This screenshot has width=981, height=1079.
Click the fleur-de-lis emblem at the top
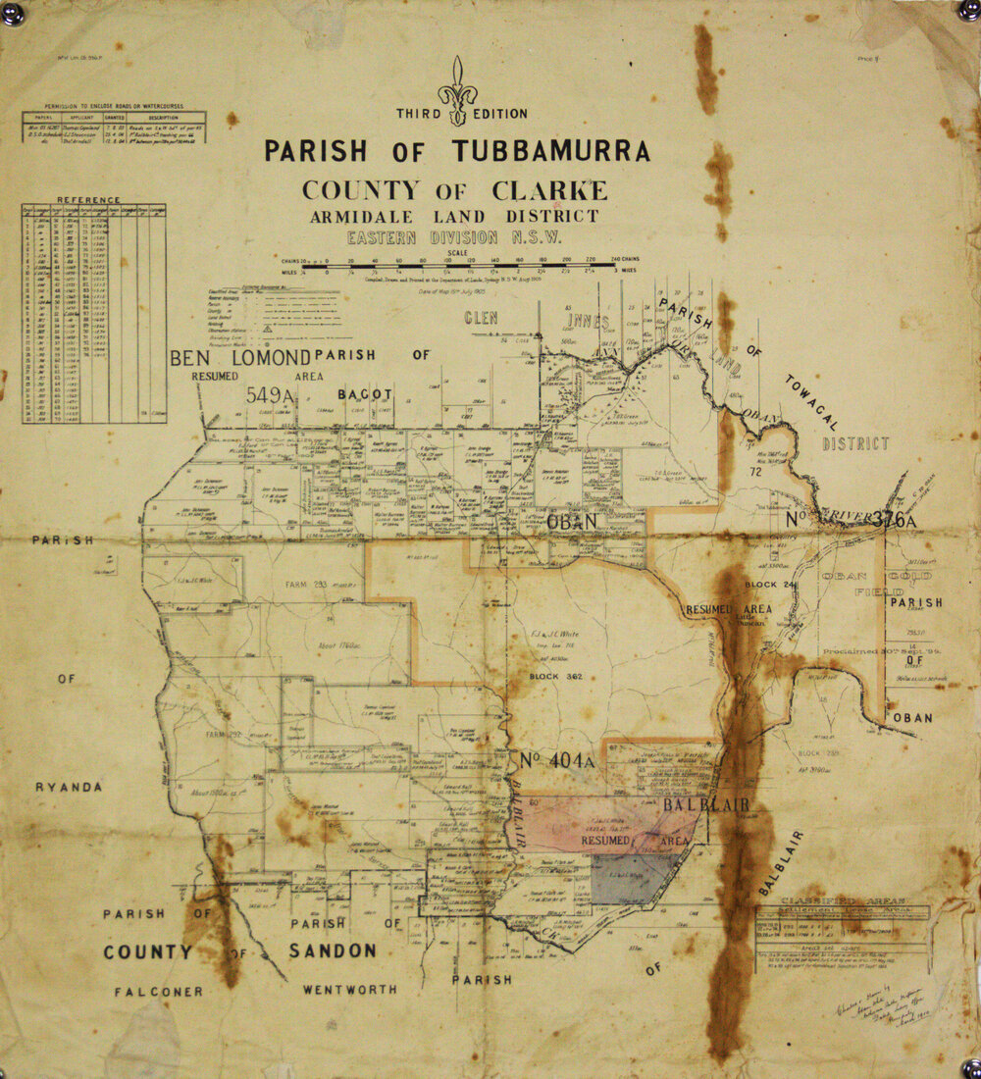[457, 90]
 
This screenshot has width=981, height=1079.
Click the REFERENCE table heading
[88, 200]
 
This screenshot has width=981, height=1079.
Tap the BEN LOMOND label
[240, 357]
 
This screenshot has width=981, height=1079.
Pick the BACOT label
[365, 394]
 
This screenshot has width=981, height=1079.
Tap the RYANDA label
[69, 787]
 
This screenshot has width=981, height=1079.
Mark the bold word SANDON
[333, 951]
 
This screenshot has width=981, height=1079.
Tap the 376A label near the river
[893, 520]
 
